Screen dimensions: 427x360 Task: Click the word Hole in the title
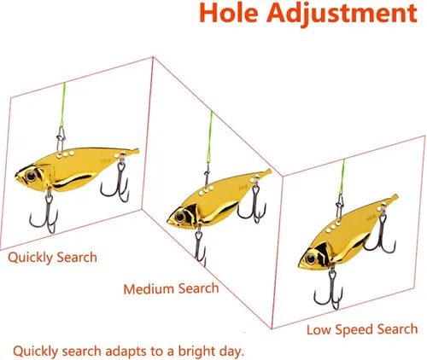tap(229, 13)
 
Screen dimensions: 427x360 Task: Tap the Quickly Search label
tap(52, 258)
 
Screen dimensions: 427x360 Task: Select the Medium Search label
tap(171, 288)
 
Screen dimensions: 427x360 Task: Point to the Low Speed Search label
tap(362, 329)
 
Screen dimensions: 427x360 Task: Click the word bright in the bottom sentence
tap(197, 351)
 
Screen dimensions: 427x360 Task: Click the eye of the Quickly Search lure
tap(31, 176)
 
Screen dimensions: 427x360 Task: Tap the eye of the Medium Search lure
tap(180, 217)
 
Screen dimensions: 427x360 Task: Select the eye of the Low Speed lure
tap(311, 258)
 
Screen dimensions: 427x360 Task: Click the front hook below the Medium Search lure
tap(200, 248)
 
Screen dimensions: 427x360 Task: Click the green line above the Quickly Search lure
tap(62, 105)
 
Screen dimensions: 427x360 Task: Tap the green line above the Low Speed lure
tap(342, 177)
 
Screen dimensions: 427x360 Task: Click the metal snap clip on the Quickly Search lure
tap(61, 139)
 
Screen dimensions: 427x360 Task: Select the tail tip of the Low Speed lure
tap(396, 196)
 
